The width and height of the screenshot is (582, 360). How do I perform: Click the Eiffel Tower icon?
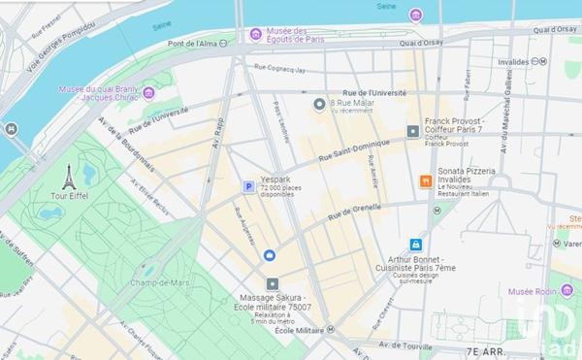click(69, 177)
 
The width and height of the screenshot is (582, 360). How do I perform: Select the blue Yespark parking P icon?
click(247, 186)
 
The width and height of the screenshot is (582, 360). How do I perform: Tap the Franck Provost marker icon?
click(413, 130)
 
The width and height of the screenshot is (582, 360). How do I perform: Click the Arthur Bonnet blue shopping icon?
click(416, 245)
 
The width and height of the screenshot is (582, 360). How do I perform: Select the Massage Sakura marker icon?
click(272, 282)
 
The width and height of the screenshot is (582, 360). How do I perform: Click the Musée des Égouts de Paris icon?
click(255, 34)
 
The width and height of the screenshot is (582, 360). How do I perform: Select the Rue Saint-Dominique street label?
click(346, 150)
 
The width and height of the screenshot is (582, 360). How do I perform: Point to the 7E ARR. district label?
click(489, 350)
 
